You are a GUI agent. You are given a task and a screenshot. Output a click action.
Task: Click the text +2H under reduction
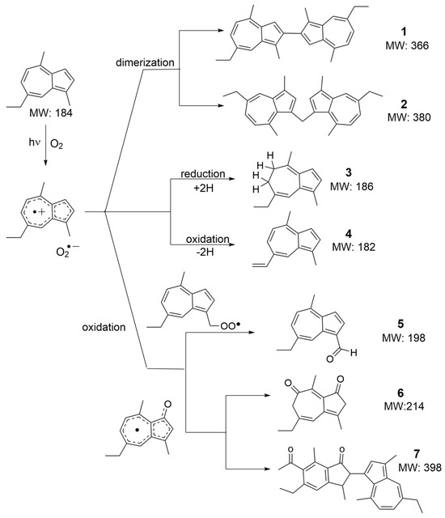point(195,185)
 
